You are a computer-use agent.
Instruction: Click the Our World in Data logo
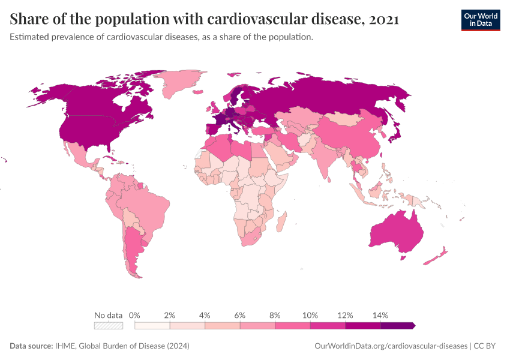[480, 20]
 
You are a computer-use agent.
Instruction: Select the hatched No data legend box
[108, 325]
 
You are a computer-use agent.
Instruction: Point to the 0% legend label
[134, 315]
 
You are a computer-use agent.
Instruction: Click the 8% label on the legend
[275, 315]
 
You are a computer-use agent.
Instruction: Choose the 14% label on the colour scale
[380, 315]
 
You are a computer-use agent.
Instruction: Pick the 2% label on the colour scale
[170, 315]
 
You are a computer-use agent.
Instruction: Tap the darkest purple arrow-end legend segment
[397, 325]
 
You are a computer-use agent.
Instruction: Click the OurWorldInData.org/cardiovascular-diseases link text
[391, 346]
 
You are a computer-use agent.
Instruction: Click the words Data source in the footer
[31, 346]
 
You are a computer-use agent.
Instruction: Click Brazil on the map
[150, 210]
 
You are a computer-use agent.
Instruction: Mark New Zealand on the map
[437, 256]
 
